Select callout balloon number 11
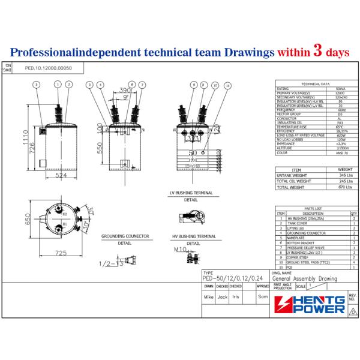tap(227, 85)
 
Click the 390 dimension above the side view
tap(125, 89)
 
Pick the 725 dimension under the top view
tap(61, 254)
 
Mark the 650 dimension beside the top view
tap(26, 220)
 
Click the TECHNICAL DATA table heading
tap(315, 85)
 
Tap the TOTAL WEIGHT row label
tap(293, 187)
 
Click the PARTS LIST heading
tap(314, 208)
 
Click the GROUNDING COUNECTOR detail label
tap(125, 237)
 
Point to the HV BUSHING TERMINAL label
tap(193, 237)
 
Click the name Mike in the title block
tap(208, 296)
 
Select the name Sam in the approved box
tap(262, 296)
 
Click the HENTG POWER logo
tap(310, 303)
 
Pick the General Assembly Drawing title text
tap(305, 278)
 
